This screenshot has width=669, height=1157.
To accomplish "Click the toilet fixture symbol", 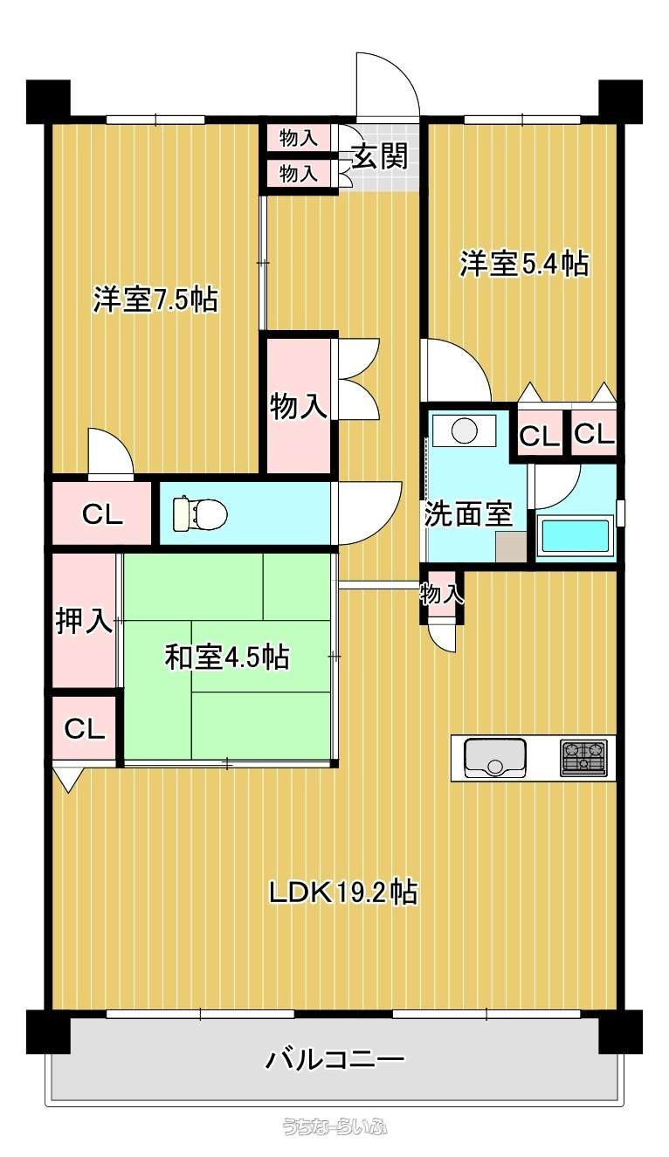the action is (x=199, y=513).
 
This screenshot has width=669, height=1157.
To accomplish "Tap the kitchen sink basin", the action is (x=495, y=758).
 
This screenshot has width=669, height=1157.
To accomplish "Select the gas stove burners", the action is (x=583, y=758).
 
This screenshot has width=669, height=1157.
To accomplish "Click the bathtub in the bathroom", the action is (x=575, y=537).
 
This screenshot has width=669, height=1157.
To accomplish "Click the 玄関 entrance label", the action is (x=380, y=156).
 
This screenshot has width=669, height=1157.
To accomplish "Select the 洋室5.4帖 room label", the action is (x=524, y=264).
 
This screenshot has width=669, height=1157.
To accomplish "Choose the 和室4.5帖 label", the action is (x=227, y=657).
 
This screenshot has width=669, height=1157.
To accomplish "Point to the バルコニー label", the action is (x=334, y=1059).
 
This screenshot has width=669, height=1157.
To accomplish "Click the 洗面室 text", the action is (x=468, y=513).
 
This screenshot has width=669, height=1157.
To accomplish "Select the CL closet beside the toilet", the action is (x=102, y=513).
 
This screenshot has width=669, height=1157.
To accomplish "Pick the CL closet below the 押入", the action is (x=84, y=728).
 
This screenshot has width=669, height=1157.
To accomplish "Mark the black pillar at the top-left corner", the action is (x=48, y=102).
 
